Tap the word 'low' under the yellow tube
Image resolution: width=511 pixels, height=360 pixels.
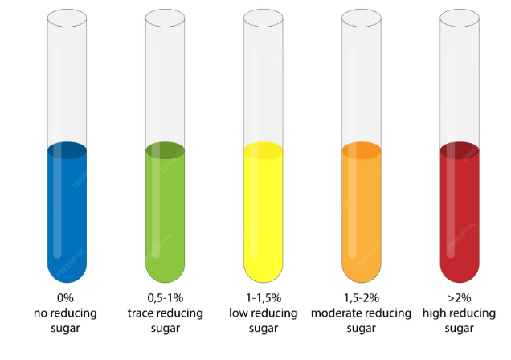tap(239, 313)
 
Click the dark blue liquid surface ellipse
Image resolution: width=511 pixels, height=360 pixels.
tap(67, 149)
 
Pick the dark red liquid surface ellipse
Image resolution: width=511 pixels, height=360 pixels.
tap(459, 149)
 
